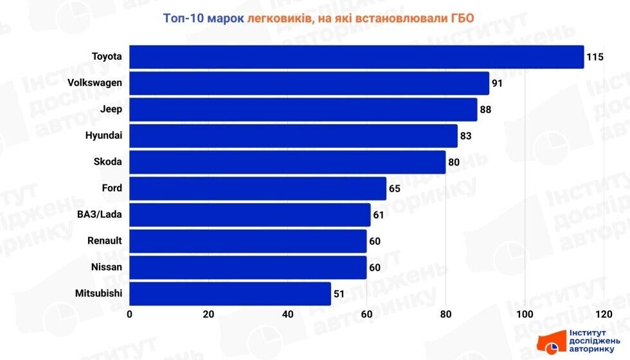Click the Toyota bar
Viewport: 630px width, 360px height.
356,57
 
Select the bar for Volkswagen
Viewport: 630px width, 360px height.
309,84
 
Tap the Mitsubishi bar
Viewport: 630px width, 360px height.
230,294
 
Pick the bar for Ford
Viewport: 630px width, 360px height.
258,189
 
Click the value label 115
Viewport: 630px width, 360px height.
595,57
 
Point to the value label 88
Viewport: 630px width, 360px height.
485,110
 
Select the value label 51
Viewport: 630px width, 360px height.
339,294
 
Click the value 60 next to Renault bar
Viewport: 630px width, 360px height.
375,242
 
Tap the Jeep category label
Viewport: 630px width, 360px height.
111,109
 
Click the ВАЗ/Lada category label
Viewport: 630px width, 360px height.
101,215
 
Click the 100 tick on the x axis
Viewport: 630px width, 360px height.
525,314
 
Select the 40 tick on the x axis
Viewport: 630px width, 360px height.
287,314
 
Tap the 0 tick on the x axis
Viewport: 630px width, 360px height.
130,314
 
